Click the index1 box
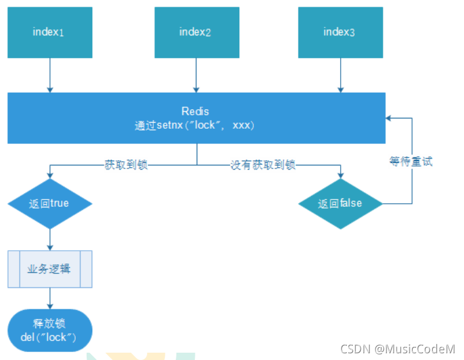pyautogui.click(x=49, y=32)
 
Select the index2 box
pyautogui.click(x=195, y=32)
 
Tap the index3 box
pyautogui.click(x=339, y=32)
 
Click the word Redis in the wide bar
pyautogui.click(x=195, y=112)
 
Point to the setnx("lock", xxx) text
pyautogui.click(x=195, y=125)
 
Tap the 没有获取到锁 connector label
pyautogui.click(x=263, y=165)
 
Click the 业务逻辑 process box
pyautogui.click(x=49, y=268)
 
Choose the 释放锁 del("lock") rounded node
pyautogui.click(x=49, y=330)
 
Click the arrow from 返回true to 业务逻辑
pyautogui.click(x=49, y=239)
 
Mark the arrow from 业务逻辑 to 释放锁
pyautogui.click(x=49, y=298)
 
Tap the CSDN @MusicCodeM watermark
pyautogui.click(x=397, y=349)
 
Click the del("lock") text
pyautogui.click(x=49, y=336)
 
